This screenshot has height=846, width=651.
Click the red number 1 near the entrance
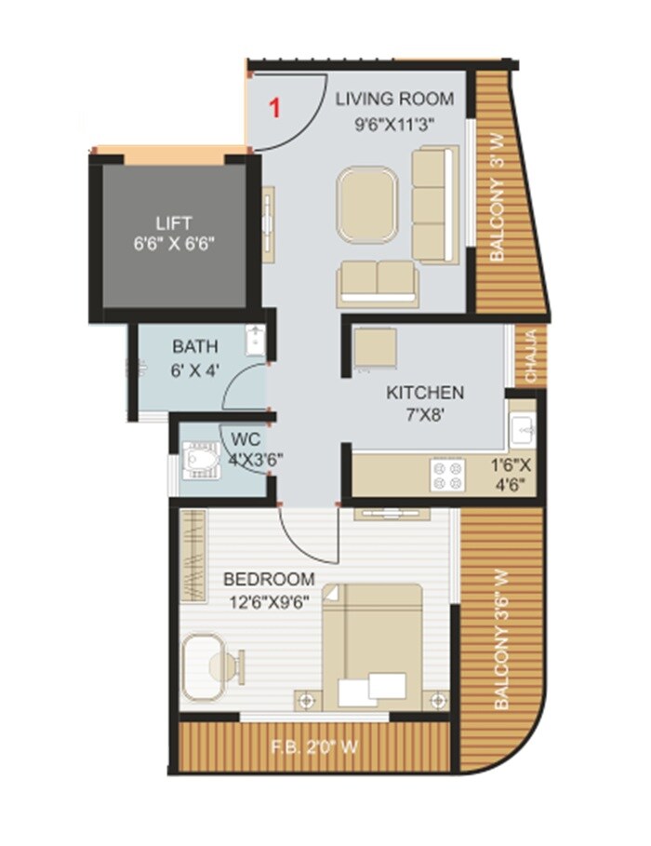coord(274,108)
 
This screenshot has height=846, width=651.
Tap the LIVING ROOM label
coord(395,99)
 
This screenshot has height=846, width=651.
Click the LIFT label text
coord(174,223)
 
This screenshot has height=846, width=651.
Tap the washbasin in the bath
coord(256,341)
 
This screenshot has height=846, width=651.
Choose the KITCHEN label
coord(425,393)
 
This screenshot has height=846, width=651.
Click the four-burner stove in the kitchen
coord(447,476)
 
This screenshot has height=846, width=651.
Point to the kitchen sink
coord(522,429)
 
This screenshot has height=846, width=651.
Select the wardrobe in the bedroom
coord(193,557)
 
